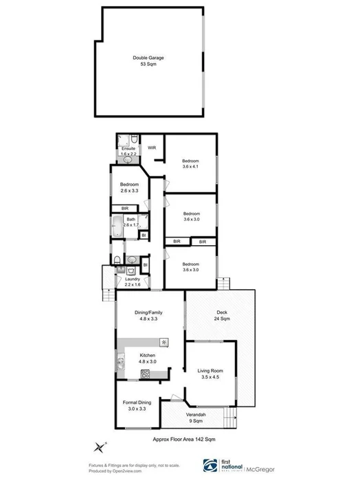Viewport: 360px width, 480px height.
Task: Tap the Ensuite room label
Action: (x=128, y=149)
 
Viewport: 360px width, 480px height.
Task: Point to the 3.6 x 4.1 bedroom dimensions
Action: (x=191, y=165)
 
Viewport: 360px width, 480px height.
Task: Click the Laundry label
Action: (x=133, y=279)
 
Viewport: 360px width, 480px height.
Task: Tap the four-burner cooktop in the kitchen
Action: (x=145, y=374)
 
